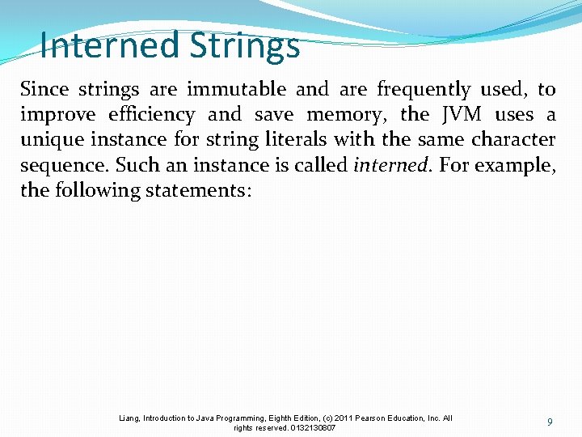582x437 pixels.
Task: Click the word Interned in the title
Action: tap(109, 45)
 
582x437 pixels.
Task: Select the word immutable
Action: tap(236, 89)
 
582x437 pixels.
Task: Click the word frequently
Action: tap(424, 90)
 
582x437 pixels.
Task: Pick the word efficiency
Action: tap(151, 115)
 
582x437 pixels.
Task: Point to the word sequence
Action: tap(65, 166)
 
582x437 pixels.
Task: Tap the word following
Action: tap(99, 191)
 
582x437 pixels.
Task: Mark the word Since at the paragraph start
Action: tap(44, 89)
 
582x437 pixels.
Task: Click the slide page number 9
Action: tap(550, 422)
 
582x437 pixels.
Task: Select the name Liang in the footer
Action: tap(129, 418)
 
